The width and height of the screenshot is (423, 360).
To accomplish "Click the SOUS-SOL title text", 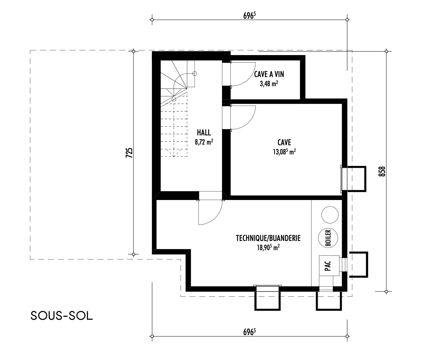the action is (62, 316).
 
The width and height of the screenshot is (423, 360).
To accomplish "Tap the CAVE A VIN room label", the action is (269, 74).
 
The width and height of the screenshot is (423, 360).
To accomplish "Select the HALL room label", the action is (204, 132).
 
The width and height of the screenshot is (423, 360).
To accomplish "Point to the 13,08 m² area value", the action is (284, 152).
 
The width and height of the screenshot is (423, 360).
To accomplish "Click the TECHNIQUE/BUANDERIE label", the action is (268, 238).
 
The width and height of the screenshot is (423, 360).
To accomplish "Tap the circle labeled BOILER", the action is (328, 238).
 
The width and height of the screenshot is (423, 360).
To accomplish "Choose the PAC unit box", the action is (329, 266).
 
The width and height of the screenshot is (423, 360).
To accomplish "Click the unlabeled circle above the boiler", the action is (330, 215).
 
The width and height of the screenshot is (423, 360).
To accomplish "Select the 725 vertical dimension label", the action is (129, 153).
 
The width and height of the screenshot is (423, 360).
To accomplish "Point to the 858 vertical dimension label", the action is (382, 171).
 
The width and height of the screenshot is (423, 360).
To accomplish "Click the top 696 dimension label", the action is (250, 15).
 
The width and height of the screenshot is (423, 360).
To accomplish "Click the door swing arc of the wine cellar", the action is (250, 78).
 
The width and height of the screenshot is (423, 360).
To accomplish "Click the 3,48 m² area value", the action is (269, 84).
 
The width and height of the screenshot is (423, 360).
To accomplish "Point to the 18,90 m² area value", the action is (268, 248).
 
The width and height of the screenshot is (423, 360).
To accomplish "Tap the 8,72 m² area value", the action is (204, 142).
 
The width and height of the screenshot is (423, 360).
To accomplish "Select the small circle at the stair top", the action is (195, 73).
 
